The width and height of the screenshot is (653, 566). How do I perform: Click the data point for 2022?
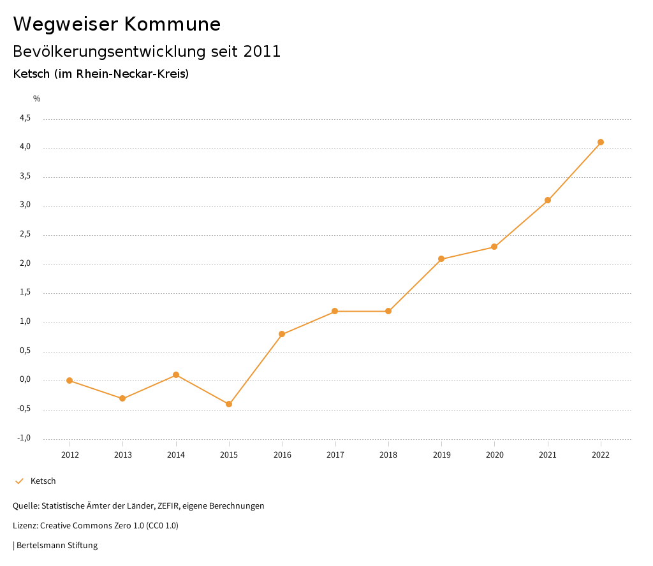click(x=601, y=142)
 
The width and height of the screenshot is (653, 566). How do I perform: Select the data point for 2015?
click(x=229, y=404)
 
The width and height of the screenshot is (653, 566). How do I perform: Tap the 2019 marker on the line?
click(x=441, y=259)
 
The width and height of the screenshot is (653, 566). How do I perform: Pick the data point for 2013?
click(x=122, y=398)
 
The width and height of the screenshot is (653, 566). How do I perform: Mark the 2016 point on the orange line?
click(x=282, y=334)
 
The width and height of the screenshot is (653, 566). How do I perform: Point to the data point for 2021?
click(x=548, y=200)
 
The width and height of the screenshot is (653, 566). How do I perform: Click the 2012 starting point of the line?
click(x=70, y=381)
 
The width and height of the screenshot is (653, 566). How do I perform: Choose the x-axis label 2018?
click(x=388, y=455)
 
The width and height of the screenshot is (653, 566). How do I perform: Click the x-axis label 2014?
click(x=176, y=455)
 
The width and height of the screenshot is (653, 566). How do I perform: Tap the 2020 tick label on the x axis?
click(x=494, y=455)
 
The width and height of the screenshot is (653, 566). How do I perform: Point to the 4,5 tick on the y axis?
click(x=25, y=118)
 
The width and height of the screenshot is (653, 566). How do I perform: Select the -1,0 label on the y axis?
click(x=24, y=438)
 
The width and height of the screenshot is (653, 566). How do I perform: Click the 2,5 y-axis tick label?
click(x=25, y=235)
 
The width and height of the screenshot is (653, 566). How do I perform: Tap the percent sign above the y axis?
click(x=37, y=99)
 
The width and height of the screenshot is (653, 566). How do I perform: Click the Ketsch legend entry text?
click(x=43, y=481)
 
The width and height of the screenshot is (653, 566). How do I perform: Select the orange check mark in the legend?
click(x=19, y=481)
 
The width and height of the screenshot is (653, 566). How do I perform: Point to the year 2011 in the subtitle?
click(x=262, y=52)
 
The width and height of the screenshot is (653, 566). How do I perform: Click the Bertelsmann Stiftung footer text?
click(x=57, y=546)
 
